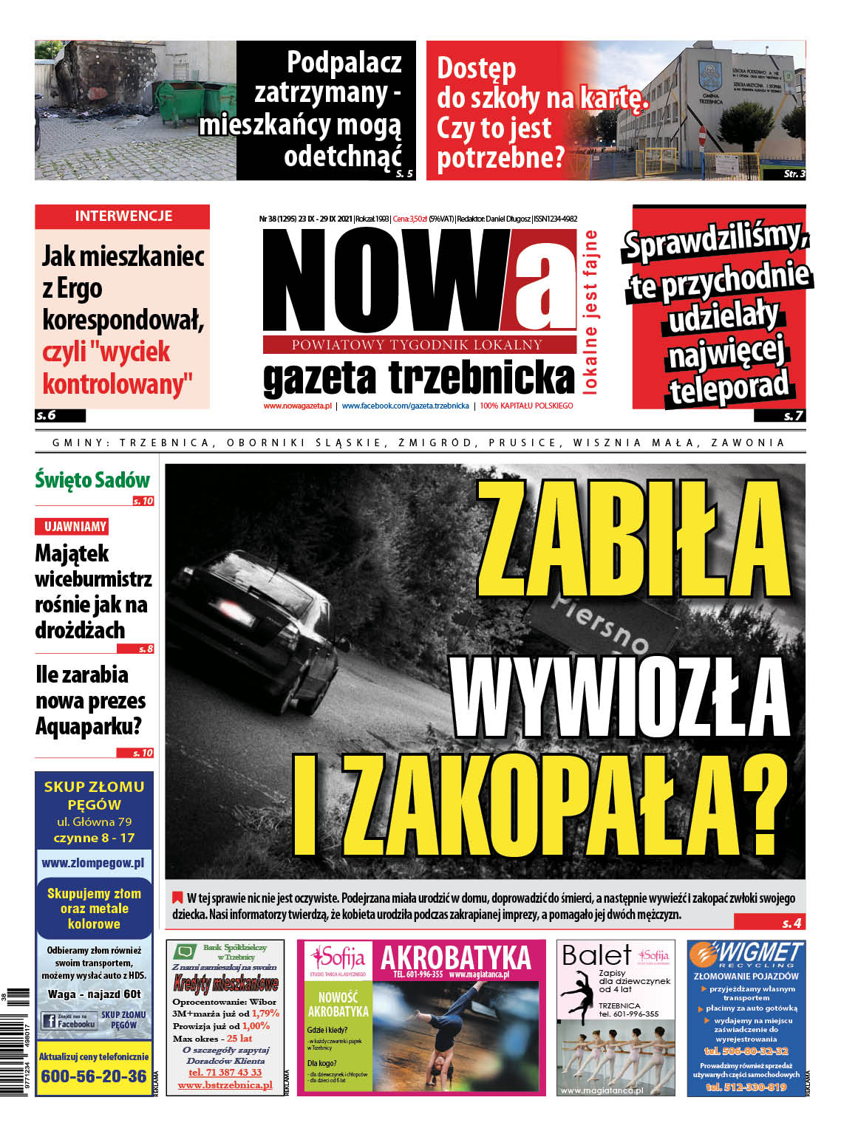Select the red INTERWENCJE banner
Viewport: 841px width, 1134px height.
pyautogui.click(x=123, y=216)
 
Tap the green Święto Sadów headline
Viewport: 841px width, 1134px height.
pyautogui.click(x=92, y=480)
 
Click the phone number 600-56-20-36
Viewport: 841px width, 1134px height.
pyautogui.click(x=94, y=1076)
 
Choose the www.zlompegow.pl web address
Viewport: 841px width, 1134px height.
pyautogui.click(x=93, y=862)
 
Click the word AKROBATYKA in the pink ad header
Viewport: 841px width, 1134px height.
pyautogui.click(x=456, y=957)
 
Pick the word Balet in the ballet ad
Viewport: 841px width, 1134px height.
pyautogui.click(x=596, y=955)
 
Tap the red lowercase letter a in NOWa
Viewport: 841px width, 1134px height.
pyautogui.click(x=544, y=281)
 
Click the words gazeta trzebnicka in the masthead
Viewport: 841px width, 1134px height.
pyautogui.click(x=418, y=378)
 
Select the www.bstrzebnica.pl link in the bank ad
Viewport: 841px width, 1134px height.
pyautogui.click(x=225, y=1085)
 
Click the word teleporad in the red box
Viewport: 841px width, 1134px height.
pyautogui.click(x=728, y=388)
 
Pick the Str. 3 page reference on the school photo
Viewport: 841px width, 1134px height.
pyautogui.click(x=794, y=174)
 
